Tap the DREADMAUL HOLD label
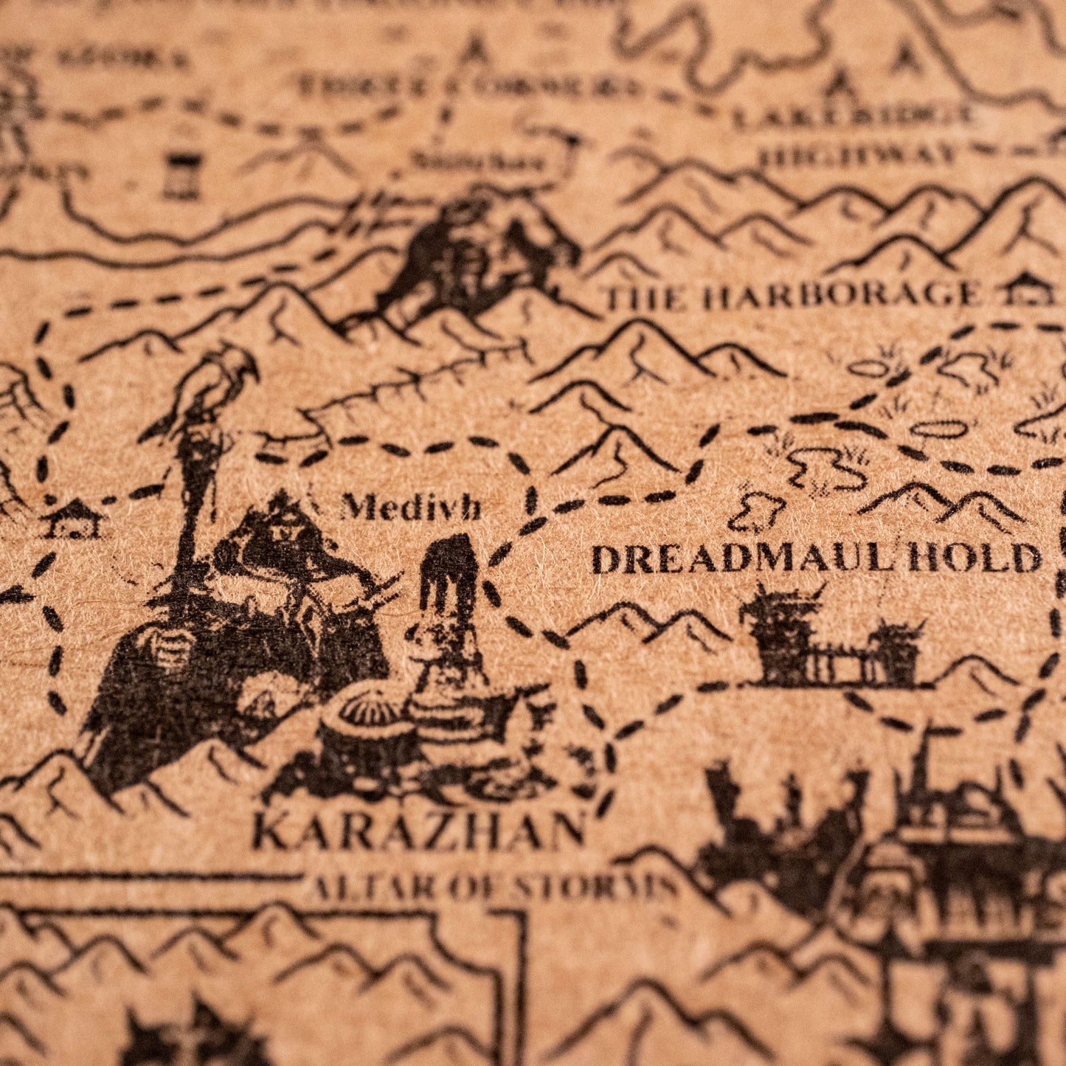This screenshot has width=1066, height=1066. [x=816, y=558]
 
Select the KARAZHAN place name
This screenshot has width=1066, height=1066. [x=418, y=831]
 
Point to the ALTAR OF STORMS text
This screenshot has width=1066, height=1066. [x=493, y=887]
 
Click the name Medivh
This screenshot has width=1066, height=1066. [x=411, y=508]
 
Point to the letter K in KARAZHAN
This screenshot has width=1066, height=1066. [x=268, y=832]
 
